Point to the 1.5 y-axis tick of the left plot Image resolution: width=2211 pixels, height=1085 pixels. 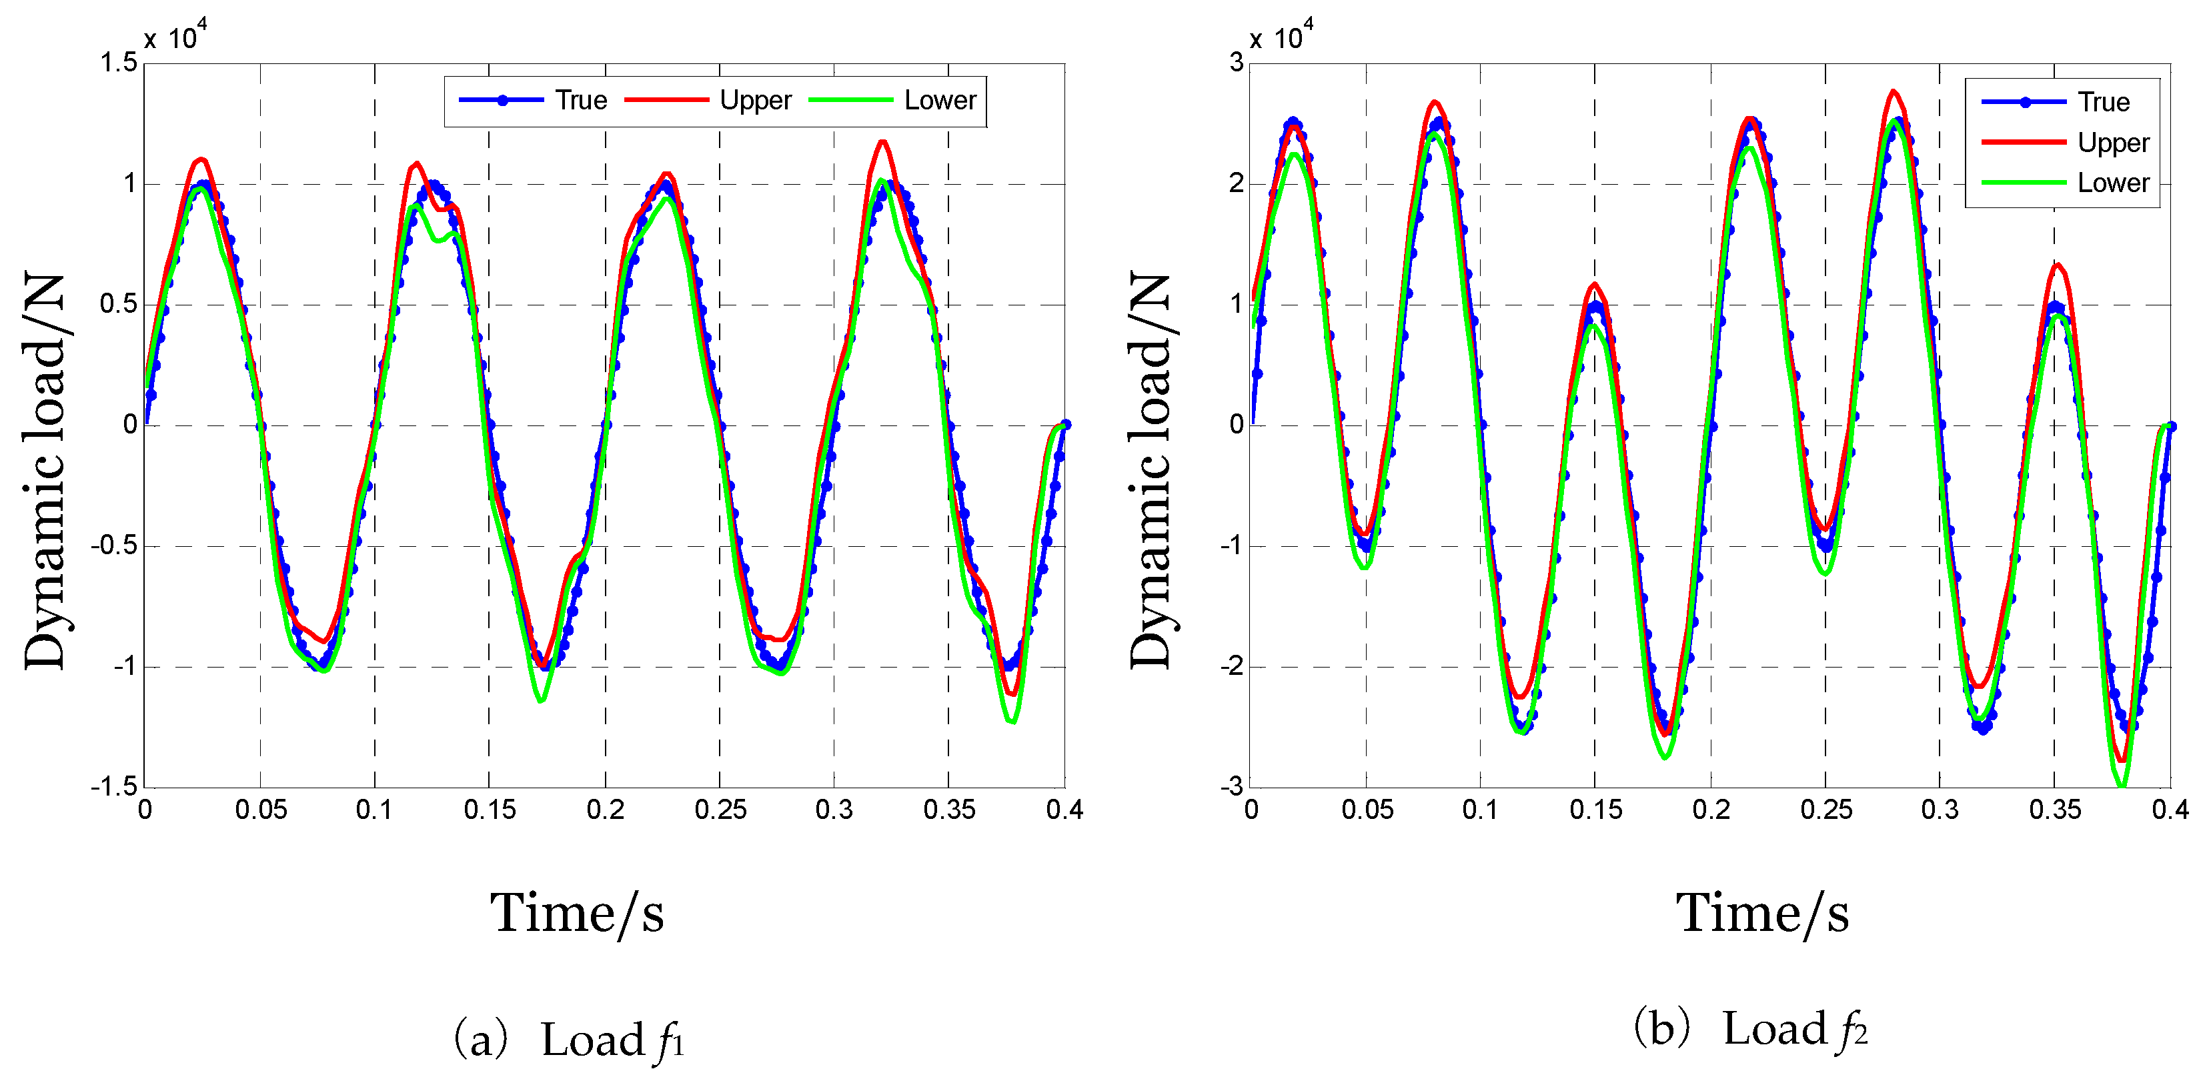point(119,63)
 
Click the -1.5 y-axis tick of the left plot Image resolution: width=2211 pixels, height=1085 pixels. point(114,786)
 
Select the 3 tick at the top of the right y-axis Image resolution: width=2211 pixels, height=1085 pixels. point(1236,63)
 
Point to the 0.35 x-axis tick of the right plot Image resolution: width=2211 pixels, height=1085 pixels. point(2055,810)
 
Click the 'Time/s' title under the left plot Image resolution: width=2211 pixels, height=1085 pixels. point(577,914)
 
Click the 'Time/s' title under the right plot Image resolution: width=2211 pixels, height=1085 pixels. point(1762,914)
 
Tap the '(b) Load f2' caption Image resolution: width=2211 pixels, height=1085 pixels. point(1751,1029)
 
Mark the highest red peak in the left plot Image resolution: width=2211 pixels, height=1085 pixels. point(882,141)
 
